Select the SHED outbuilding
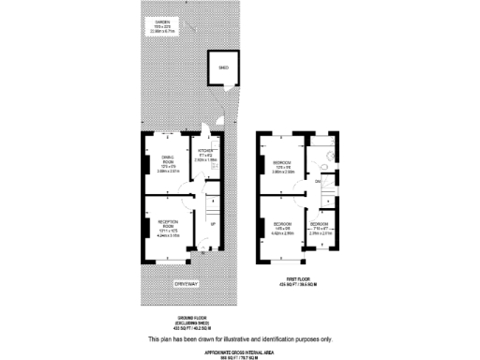(x=222, y=68)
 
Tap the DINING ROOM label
(x=168, y=159)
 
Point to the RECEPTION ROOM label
(x=168, y=224)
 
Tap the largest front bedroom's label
(x=282, y=224)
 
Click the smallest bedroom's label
(x=319, y=224)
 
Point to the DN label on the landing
(x=318, y=180)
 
